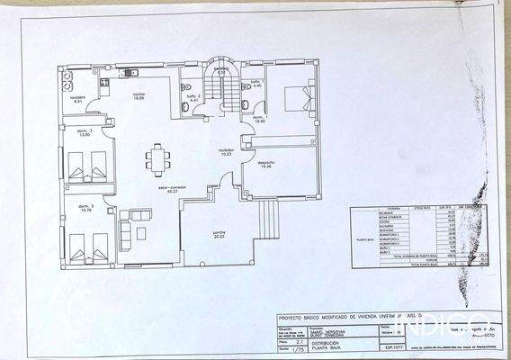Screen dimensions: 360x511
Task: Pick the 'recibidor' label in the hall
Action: [x=226, y=150]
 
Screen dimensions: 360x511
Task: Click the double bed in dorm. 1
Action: [x=296, y=97]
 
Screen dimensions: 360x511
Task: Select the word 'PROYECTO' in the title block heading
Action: [x=292, y=318]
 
